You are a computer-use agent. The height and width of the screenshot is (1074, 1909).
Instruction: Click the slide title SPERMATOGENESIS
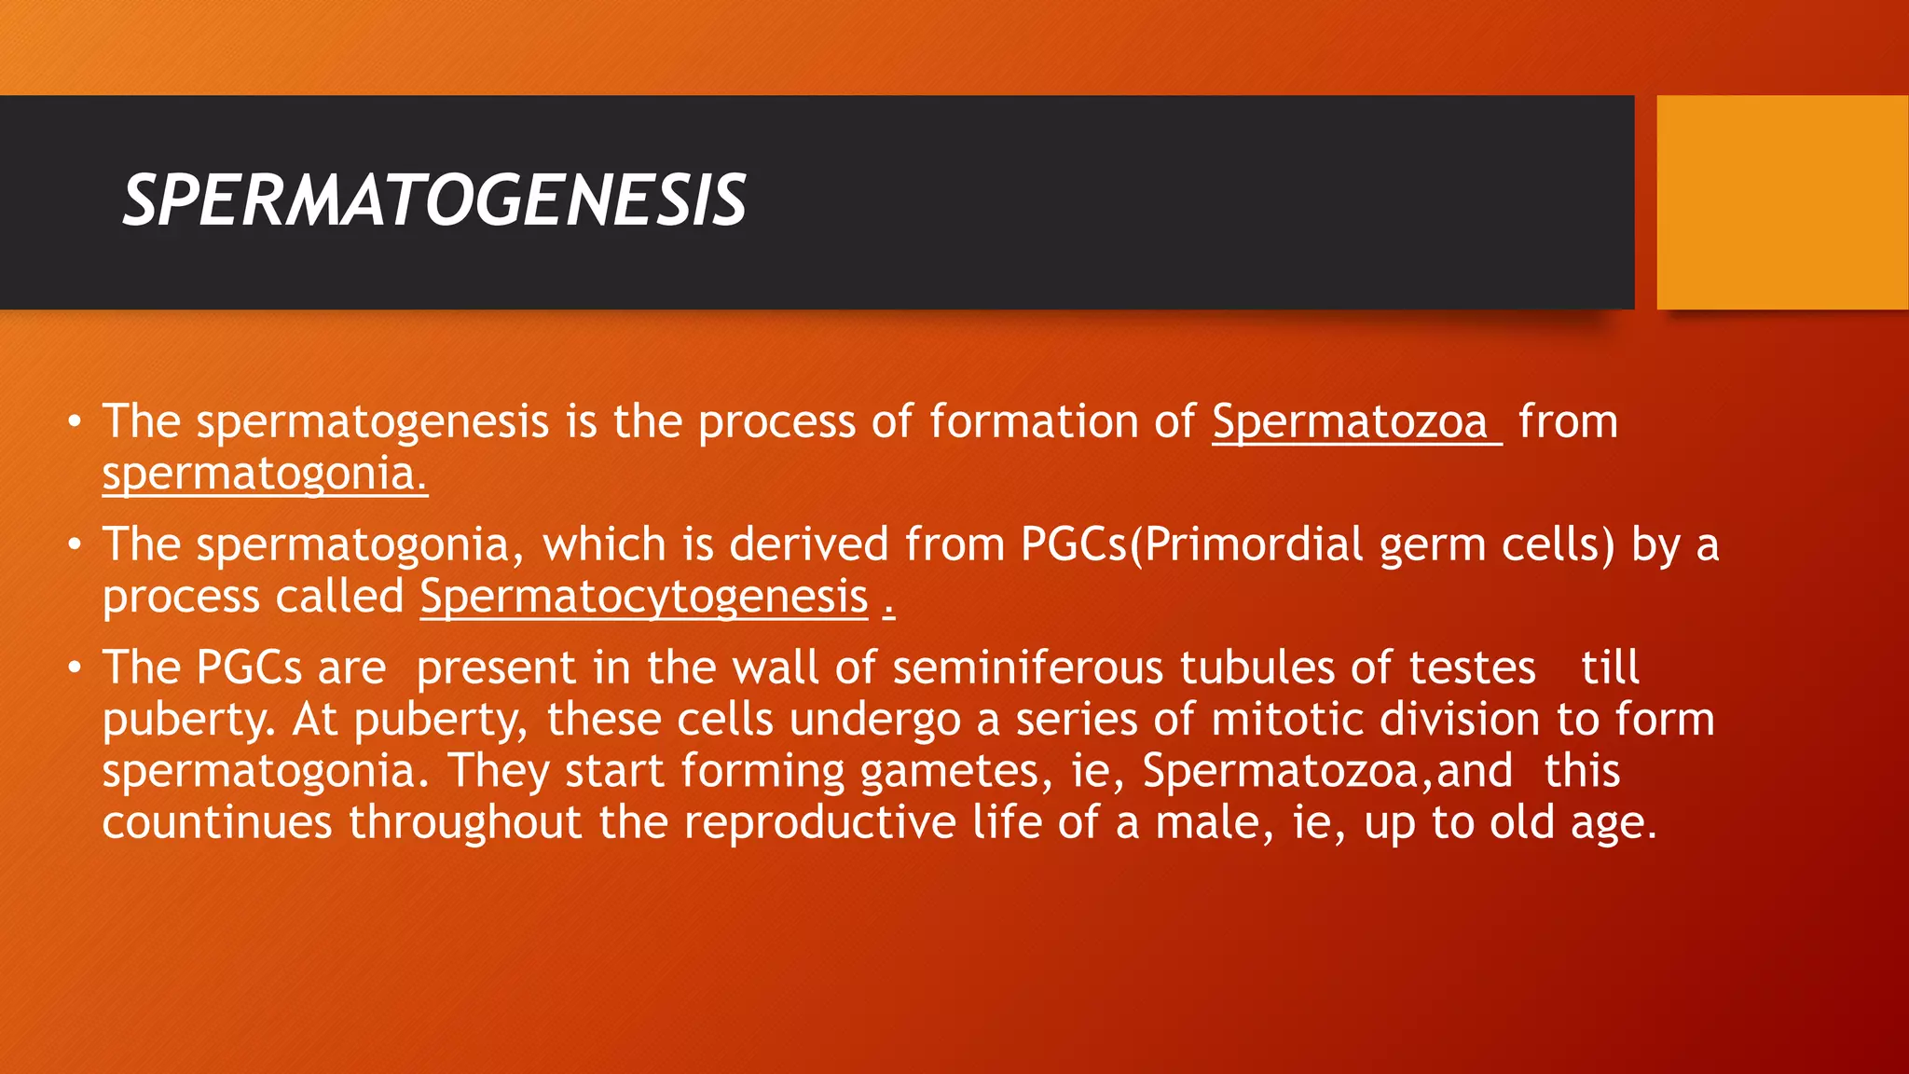point(434,201)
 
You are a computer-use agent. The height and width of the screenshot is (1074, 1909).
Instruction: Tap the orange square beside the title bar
point(1781,201)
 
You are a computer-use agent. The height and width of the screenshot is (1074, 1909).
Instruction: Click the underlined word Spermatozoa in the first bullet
point(1350,422)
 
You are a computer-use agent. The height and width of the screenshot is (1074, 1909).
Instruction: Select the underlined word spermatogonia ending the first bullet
point(264,475)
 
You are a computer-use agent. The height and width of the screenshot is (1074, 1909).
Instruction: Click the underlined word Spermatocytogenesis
point(644,597)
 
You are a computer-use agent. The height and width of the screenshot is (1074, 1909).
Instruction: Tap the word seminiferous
point(1030,668)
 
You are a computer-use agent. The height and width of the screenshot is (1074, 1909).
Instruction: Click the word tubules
point(1257,668)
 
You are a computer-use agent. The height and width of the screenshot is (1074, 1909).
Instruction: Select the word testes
point(1472,668)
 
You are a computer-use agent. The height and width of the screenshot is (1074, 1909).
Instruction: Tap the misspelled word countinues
point(217,823)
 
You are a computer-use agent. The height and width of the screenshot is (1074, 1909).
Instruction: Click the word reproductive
point(820,823)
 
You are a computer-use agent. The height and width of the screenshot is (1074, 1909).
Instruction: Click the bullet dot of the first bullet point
point(76,422)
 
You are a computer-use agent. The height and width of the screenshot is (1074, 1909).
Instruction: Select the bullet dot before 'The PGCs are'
point(76,668)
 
